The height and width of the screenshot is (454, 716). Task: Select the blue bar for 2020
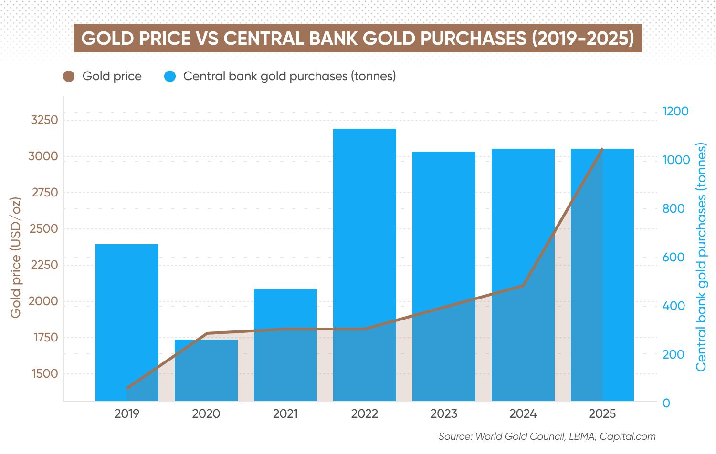(206, 370)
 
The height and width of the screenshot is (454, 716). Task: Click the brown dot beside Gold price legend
(69, 76)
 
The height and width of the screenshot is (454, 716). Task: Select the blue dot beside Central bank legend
(170, 76)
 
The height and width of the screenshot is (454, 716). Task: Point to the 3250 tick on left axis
(44, 120)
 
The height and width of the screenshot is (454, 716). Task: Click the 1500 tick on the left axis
(44, 373)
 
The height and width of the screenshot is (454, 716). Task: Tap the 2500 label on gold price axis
(44, 228)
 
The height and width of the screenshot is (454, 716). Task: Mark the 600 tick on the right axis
(673, 257)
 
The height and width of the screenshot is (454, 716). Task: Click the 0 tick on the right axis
(666, 403)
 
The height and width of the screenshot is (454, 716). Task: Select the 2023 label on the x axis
(444, 413)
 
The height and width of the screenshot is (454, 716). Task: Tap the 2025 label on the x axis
(602, 413)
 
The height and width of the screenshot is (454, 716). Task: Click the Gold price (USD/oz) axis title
(16, 258)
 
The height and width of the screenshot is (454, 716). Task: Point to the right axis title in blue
(701, 258)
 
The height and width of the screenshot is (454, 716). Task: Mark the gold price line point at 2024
(523, 286)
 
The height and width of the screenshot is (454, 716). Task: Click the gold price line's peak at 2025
(602, 149)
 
